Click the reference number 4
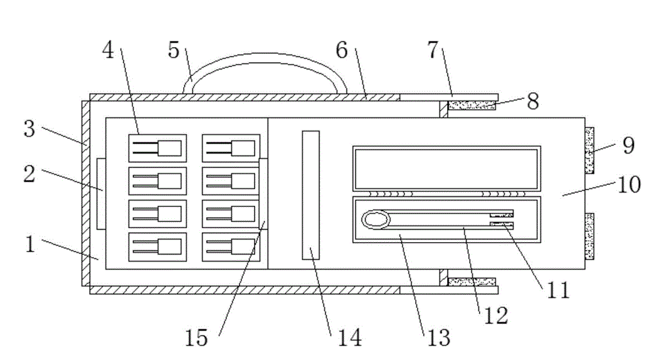pyautogui.click(x=109, y=51)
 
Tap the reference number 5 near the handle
pyautogui.click(x=174, y=50)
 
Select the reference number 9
pyautogui.click(x=627, y=146)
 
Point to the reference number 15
pyautogui.click(x=196, y=337)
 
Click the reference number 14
pyautogui.click(x=349, y=337)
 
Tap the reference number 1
pyautogui.click(x=31, y=245)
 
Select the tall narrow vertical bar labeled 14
pyautogui.click(x=311, y=195)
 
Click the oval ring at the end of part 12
pyautogui.click(x=376, y=220)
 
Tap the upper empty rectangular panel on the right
pyautogui.click(x=446, y=168)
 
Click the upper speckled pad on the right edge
pyautogui.click(x=589, y=150)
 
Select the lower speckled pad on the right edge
pyautogui.click(x=589, y=236)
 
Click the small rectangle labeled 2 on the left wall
pyautogui.click(x=100, y=193)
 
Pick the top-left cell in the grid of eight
pyautogui.click(x=157, y=148)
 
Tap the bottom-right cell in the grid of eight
pyautogui.click(x=231, y=246)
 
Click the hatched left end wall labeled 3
pyautogui.click(x=85, y=193)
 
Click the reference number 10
pyautogui.click(x=628, y=184)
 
